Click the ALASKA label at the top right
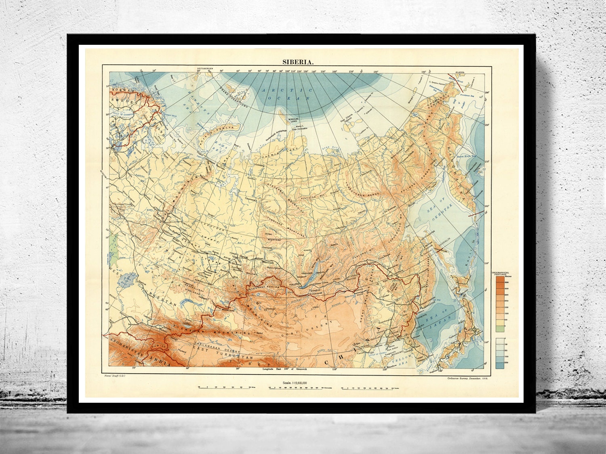click(x=460, y=72)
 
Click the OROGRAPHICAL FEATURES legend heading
click(x=502, y=273)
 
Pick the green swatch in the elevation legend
click(x=500, y=329)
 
